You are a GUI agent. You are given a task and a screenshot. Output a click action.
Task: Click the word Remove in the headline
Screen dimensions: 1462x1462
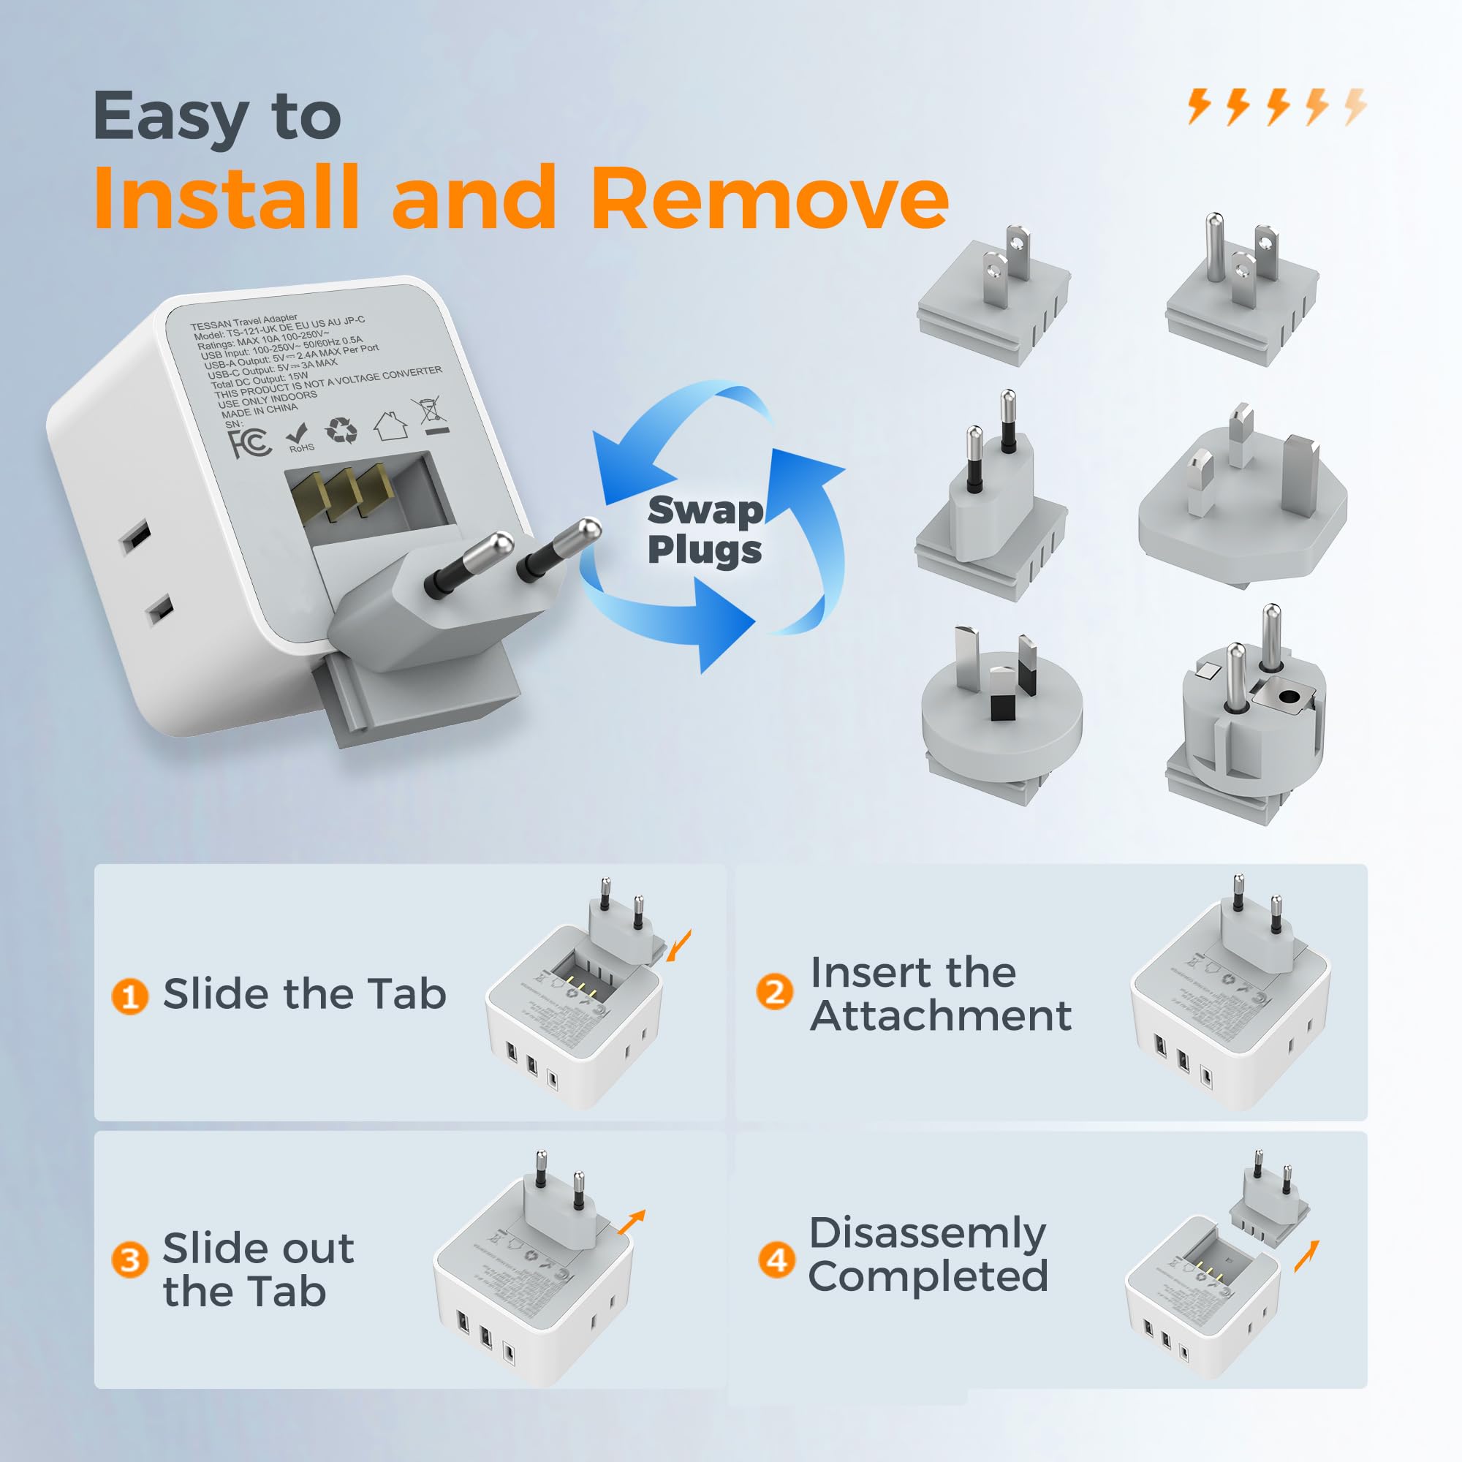[x=769, y=198]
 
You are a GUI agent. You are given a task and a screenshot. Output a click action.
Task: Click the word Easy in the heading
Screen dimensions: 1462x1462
[x=171, y=117]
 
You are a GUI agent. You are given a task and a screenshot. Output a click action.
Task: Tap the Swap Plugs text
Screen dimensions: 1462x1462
[x=705, y=530]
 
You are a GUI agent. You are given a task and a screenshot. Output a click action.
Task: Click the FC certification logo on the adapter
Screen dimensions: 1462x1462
[x=249, y=442]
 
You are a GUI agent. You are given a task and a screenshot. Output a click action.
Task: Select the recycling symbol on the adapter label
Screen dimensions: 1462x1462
[x=341, y=430]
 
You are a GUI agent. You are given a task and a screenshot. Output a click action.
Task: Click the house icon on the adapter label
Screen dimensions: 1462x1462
[x=390, y=426]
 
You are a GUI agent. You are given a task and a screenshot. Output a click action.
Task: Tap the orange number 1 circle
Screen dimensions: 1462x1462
[x=129, y=996]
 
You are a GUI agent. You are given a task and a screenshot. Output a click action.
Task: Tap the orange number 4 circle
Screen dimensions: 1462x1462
[x=776, y=1260]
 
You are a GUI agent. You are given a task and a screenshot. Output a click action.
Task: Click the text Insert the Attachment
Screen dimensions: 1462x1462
[x=939, y=993]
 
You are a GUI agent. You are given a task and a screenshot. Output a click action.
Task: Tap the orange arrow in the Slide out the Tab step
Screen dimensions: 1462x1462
[x=631, y=1222]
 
